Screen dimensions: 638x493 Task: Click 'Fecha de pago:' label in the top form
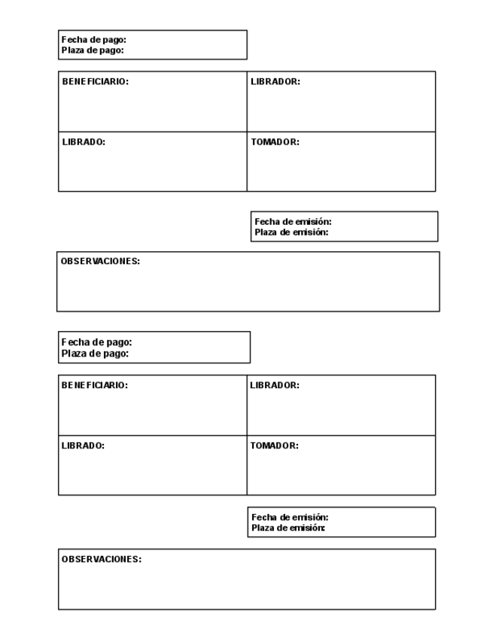tap(93, 40)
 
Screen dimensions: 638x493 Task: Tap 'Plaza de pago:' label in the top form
tap(92, 50)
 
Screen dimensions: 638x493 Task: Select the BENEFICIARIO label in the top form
tap(95, 82)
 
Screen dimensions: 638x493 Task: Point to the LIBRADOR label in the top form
tap(275, 82)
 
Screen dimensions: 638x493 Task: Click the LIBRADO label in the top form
tap(84, 142)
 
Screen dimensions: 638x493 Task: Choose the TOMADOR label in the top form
tap(275, 142)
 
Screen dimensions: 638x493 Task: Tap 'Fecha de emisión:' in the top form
tap(293, 222)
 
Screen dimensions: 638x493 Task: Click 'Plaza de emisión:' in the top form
tap(291, 232)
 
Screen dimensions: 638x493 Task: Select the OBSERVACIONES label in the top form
tap(100, 262)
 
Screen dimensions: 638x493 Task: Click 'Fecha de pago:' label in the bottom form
tap(96, 342)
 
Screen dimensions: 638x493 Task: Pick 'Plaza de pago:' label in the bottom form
tap(95, 353)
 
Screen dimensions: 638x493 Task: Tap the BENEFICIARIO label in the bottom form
tap(95, 385)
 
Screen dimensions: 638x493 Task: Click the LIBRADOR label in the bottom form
tap(275, 385)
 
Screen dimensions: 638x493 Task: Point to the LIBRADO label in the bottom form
tap(83, 445)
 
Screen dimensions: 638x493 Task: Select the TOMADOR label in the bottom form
tap(274, 445)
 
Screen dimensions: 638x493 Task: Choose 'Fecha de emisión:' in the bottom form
tap(290, 518)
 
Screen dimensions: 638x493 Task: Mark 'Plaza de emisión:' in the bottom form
tap(288, 528)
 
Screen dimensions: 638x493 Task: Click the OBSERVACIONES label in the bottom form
tap(101, 560)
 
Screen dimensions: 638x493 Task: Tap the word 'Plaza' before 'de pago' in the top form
tap(73, 50)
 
